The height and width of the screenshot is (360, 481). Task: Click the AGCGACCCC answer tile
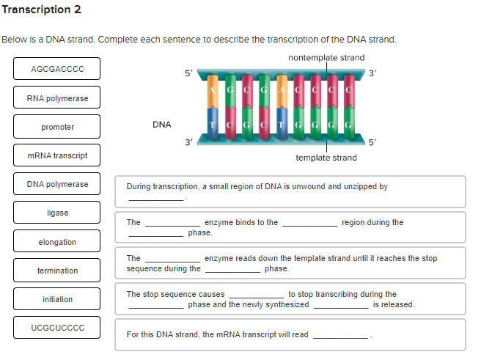tap(57, 69)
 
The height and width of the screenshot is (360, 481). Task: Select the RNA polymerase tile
tap(57, 98)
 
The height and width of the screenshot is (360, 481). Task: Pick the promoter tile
tap(57, 127)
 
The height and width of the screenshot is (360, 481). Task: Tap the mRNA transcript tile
tap(57, 155)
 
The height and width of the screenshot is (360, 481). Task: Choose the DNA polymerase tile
tap(57, 184)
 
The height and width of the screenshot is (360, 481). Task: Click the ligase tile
tap(57, 213)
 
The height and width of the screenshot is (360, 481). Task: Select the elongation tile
tap(57, 242)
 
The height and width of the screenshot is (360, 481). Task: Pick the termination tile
tap(57, 271)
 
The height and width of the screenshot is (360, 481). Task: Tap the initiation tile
tap(57, 299)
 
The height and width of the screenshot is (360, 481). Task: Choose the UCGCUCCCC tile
tap(57, 328)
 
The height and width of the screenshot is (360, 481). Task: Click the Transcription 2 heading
tap(42, 10)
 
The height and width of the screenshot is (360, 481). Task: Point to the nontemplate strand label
tap(326, 57)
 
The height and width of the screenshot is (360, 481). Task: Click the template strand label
tap(326, 158)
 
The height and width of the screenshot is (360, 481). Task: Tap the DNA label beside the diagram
tap(161, 125)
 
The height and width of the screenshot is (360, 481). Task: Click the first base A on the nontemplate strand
tap(212, 89)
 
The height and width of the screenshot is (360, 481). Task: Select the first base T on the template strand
tap(212, 125)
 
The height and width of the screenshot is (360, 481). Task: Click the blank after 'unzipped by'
tap(155, 197)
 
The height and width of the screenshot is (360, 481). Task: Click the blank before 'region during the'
tap(309, 223)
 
